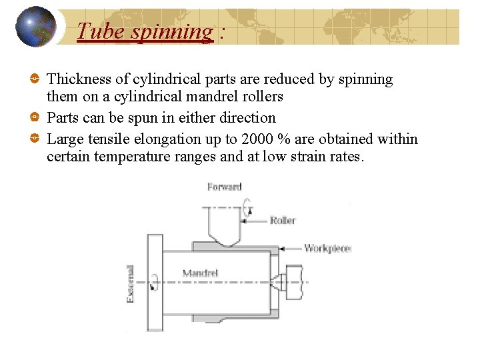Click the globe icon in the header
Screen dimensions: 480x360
tap(36, 27)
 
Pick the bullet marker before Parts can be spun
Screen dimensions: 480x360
tap(35, 118)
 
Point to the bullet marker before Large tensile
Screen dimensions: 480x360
tap(35, 139)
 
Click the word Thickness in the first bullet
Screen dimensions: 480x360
tap(79, 79)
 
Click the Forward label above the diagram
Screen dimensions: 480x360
tap(224, 187)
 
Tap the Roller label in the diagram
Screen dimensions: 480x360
tap(283, 221)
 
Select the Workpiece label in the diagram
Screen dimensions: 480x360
tap(327, 248)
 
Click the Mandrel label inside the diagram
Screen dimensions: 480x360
tap(200, 272)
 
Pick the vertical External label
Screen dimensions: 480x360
tap(131, 283)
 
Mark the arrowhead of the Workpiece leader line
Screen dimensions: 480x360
tap(282, 248)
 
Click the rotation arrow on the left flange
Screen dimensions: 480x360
tap(155, 282)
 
